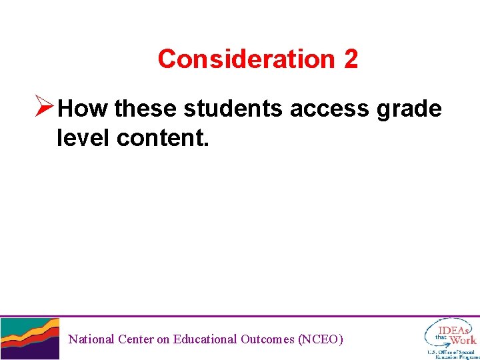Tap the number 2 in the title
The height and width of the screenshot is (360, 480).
(351, 59)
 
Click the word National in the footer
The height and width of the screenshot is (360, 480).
(91, 339)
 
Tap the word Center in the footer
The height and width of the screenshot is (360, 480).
(135, 339)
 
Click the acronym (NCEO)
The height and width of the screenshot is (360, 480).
(321, 339)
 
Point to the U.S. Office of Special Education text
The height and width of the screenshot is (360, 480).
(453, 354)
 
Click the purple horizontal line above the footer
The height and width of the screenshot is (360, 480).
(240, 316)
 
